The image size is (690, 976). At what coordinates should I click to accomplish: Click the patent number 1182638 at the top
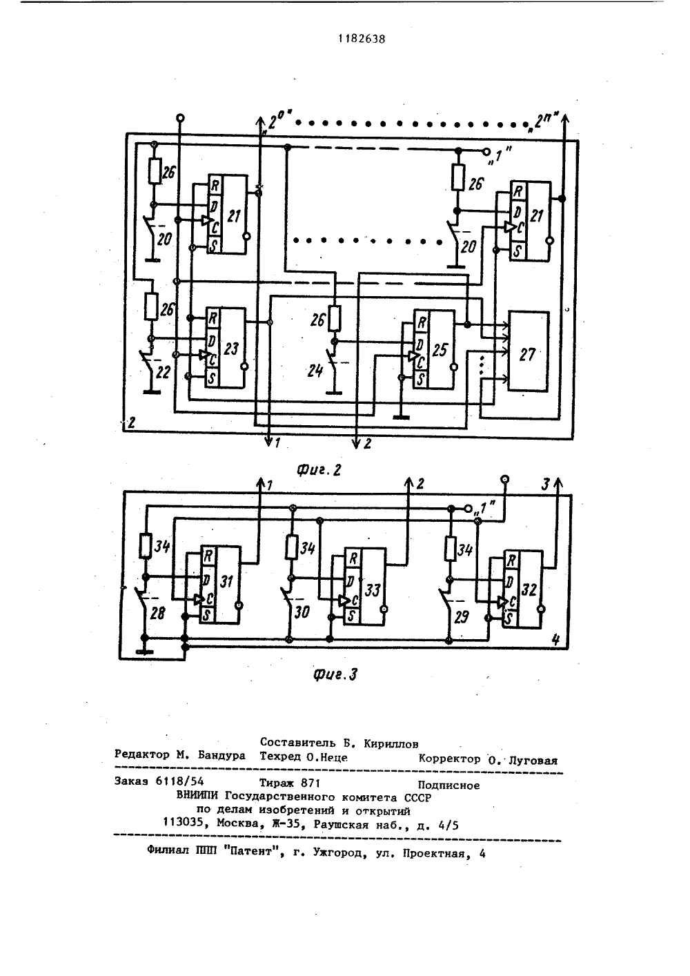[362, 39]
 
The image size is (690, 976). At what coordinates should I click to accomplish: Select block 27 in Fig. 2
[529, 351]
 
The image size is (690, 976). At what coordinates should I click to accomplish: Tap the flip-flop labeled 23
[225, 347]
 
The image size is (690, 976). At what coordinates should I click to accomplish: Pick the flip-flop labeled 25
[434, 349]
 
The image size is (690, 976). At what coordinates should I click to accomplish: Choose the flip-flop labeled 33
[365, 587]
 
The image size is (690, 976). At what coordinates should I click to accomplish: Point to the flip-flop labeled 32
[523, 589]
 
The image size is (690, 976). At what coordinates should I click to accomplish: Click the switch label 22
[164, 373]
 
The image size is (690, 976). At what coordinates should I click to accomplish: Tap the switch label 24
[315, 371]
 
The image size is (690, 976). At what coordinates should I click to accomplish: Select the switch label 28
[157, 614]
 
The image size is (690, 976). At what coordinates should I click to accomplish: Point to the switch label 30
[302, 612]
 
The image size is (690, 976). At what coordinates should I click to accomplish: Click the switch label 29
[461, 617]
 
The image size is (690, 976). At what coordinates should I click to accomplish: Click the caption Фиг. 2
[319, 469]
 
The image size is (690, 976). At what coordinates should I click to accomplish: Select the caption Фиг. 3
[335, 674]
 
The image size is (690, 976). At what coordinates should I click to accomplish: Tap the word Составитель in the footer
[298, 743]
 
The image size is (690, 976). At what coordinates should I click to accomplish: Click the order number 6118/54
[179, 781]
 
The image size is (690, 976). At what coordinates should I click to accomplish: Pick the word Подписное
[448, 785]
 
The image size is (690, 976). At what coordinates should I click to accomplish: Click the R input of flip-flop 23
[212, 318]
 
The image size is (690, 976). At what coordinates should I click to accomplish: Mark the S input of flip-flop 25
[420, 380]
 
